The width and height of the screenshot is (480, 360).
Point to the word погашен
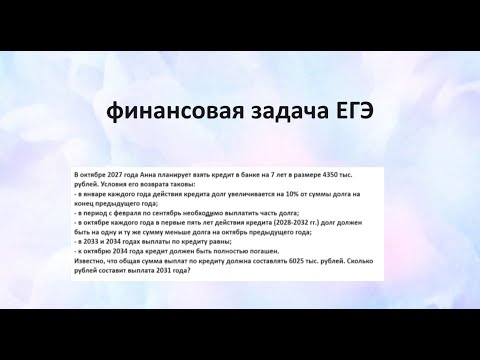[283, 249]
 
